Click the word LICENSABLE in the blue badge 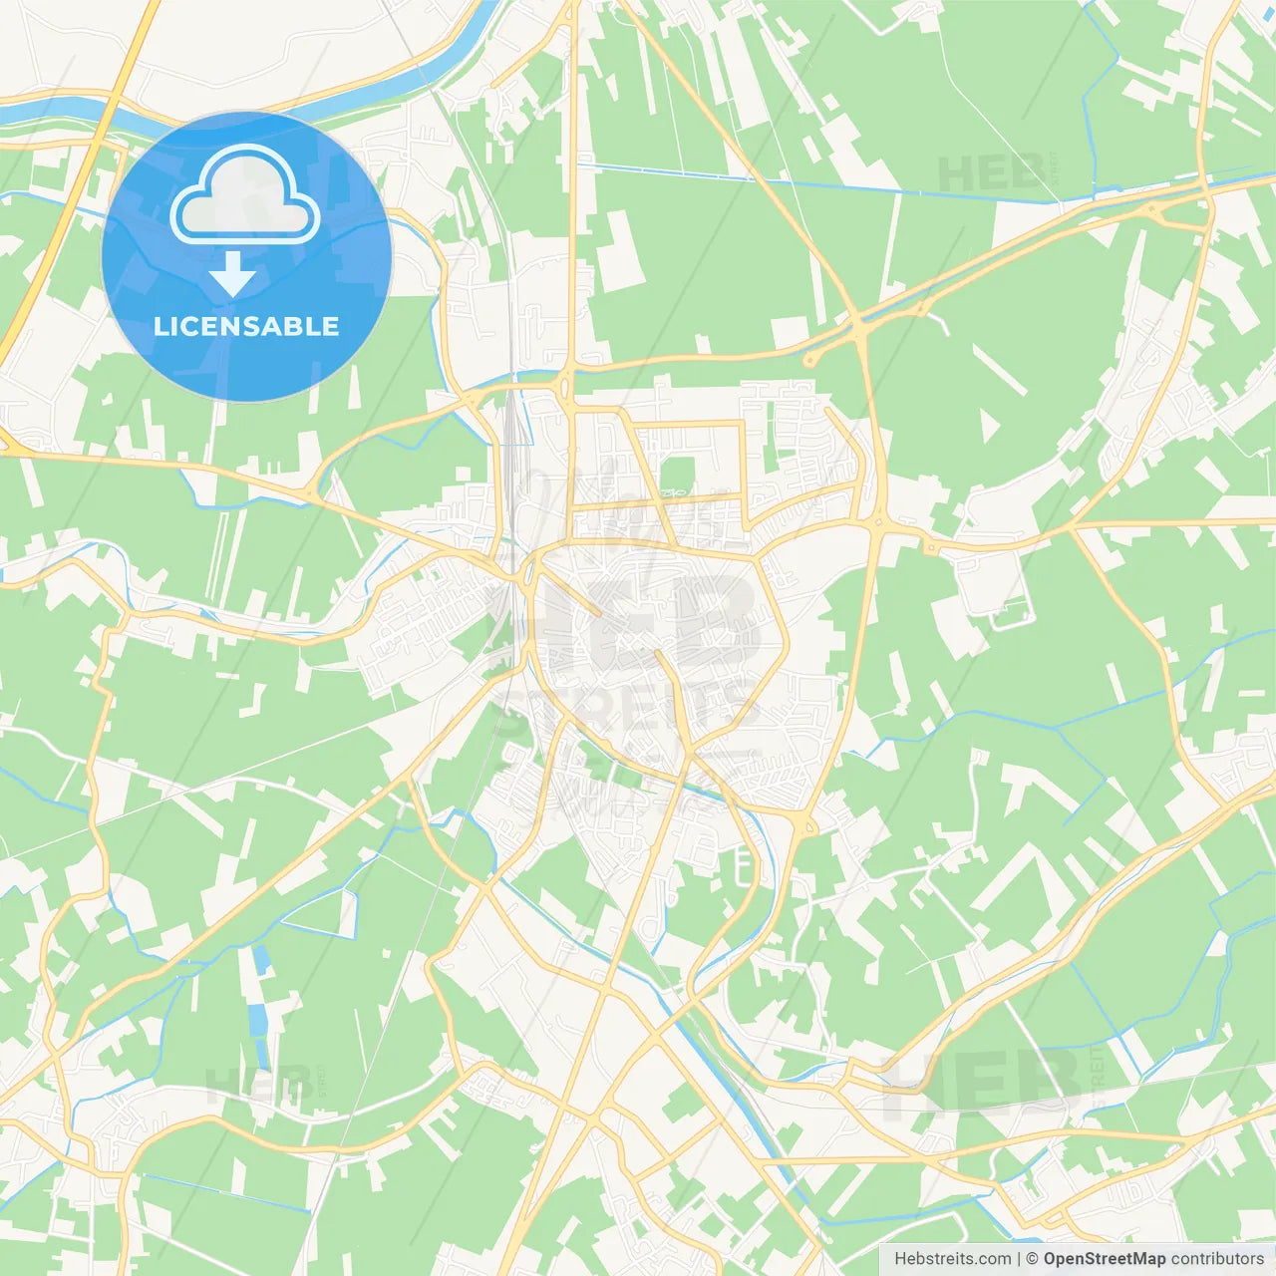tap(246, 326)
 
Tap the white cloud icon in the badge tap(245, 195)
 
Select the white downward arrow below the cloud tap(232, 274)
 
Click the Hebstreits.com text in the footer tap(952, 1259)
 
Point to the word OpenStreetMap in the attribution tap(1105, 1259)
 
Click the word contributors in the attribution tap(1217, 1259)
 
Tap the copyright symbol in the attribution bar tap(1032, 1259)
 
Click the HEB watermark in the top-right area tap(992, 173)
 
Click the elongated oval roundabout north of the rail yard tap(566, 384)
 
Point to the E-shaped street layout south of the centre tap(743, 867)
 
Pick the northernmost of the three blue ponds tap(260, 960)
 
